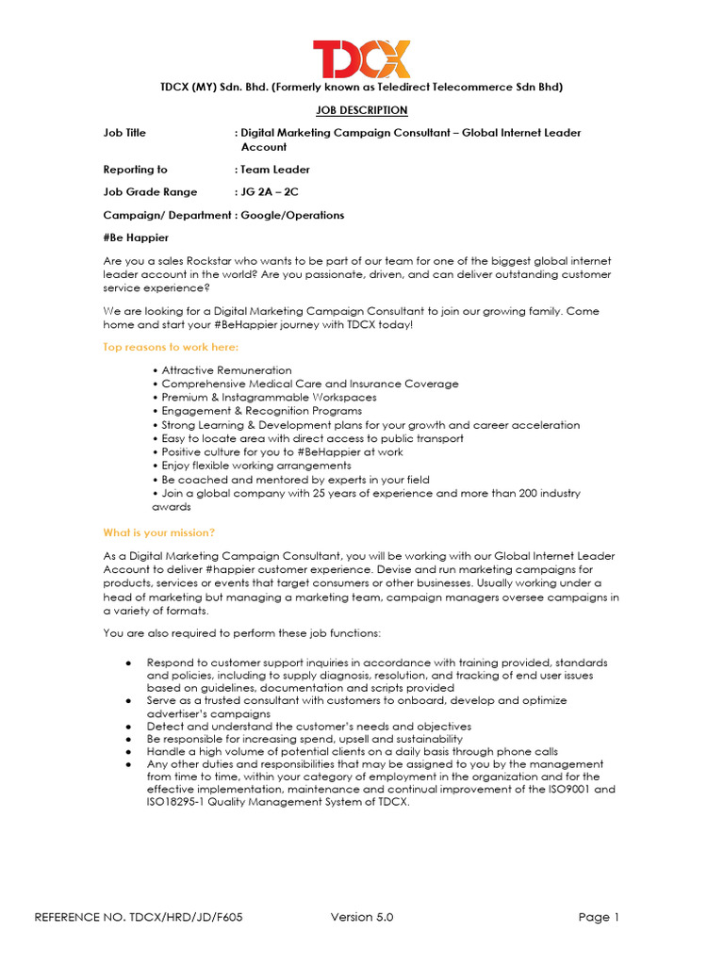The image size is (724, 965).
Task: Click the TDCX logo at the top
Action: tap(362, 58)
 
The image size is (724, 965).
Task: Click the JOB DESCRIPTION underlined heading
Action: tap(362, 110)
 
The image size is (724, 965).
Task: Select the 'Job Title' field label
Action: tap(124, 133)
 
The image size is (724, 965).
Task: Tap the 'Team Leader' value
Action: tap(275, 170)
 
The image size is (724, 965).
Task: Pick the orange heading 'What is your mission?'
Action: tap(158, 532)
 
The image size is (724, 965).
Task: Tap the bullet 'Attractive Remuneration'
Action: tap(226, 370)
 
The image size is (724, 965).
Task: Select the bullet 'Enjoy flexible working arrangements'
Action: tap(255, 466)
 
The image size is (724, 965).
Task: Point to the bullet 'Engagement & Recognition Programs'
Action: tap(261, 411)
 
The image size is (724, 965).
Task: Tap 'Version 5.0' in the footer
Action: tap(362, 917)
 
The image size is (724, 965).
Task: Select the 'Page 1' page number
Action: tap(599, 917)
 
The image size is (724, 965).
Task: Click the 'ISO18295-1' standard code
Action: tap(134, 802)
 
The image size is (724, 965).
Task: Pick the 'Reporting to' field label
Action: tap(135, 170)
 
